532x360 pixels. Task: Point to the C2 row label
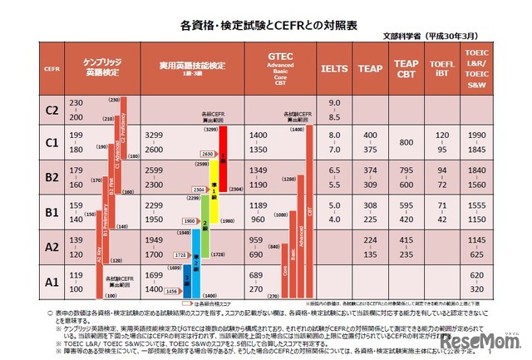point(52,110)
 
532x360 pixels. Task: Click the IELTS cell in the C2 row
point(335,110)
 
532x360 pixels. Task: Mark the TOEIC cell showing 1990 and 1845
point(478,143)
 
